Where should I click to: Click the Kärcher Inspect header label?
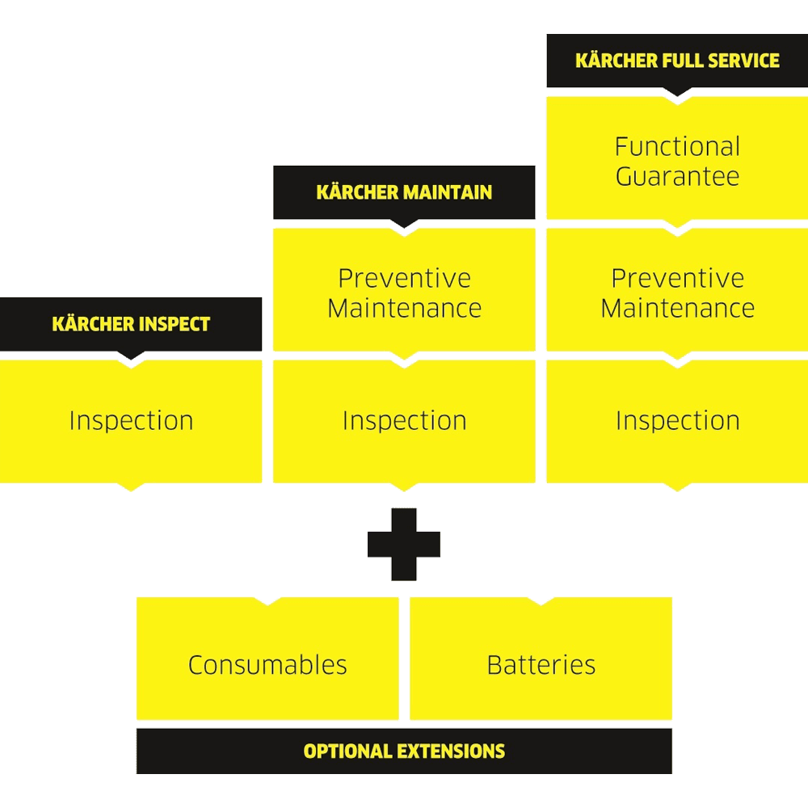pos(131,324)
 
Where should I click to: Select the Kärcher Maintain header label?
pos(404,192)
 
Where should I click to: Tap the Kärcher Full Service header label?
pos(677,61)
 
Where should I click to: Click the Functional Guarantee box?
pos(677,160)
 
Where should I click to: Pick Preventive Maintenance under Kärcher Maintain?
pos(404,292)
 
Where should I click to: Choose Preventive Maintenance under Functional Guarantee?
pos(677,292)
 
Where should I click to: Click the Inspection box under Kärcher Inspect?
pos(131,421)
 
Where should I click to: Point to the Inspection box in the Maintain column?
pos(404,421)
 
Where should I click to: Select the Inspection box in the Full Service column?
pos(677,421)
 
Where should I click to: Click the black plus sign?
pos(404,545)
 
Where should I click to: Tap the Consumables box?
pos(267,664)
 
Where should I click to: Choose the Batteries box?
pos(541,664)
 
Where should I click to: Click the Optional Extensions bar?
pos(404,751)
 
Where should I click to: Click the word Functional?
pos(677,146)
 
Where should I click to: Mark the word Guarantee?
pos(677,176)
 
